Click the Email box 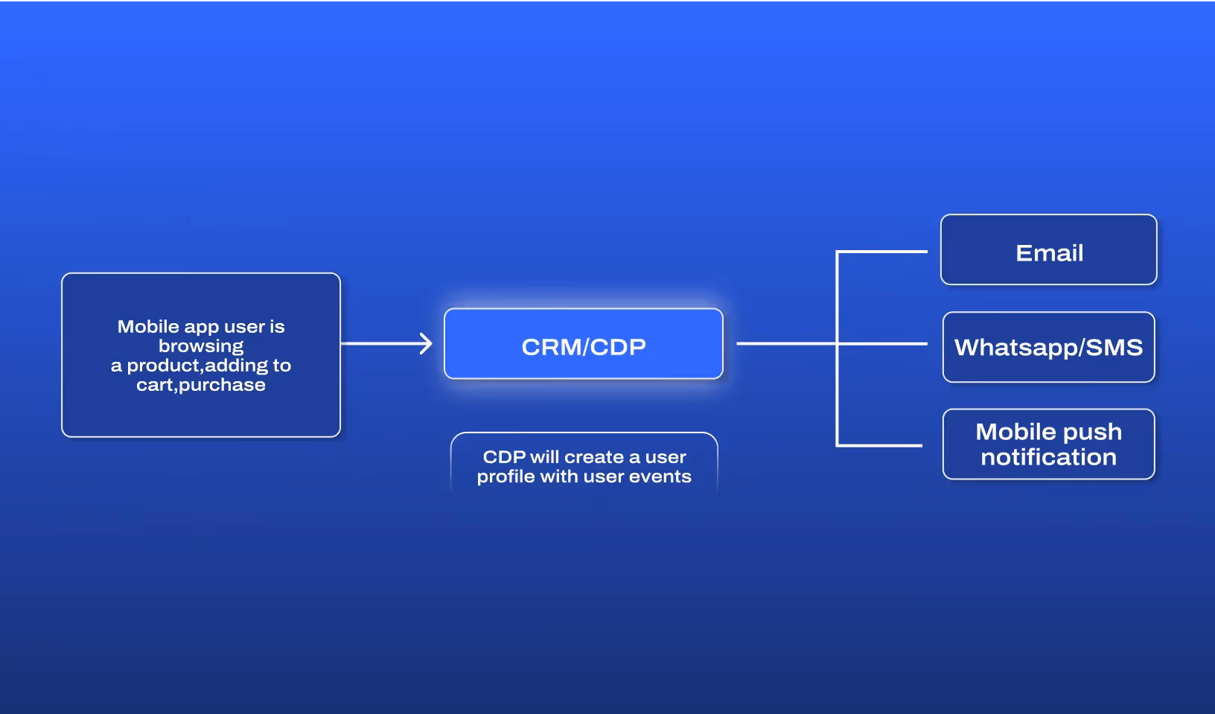click(x=1048, y=250)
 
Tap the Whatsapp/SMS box click(x=1048, y=347)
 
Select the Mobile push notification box click(x=1048, y=444)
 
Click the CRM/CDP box click(x=583, y=344)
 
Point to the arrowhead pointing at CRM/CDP click(x=427, y=344)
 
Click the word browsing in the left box click(x=201, y=346)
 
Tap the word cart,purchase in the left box click(x=201, y=385)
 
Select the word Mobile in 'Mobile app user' click(x=148, y=327)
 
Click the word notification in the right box click(x=1048, y=457)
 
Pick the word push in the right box click(x=1092, y=433)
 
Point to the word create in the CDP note click(x=594, y=457)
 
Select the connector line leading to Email click(x=882, y=252)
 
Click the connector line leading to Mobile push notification click(x=879, y=445)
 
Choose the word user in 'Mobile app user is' click(x=244, y=327)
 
